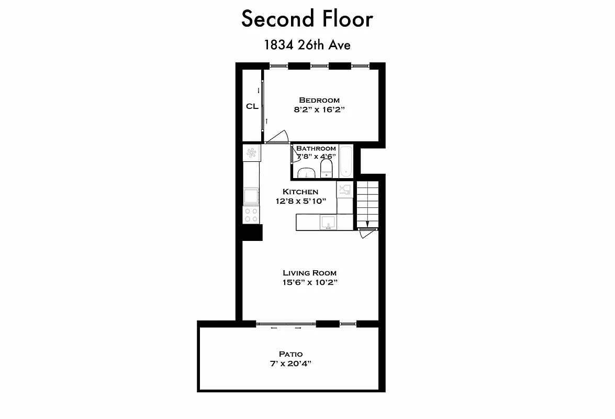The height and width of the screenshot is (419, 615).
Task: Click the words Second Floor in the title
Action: pyautogui.click(x=307, y=19)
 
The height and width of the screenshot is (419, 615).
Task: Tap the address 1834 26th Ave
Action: pyautogui.click(x=307, y=45)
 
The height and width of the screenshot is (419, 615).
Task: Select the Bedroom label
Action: pyautogui.click(x=319, y=100)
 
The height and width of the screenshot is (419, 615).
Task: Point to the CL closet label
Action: pyautogui.click(x=252, y=106)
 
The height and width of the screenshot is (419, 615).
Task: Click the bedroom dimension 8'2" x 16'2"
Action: pyautogui.click(x=319, y=110)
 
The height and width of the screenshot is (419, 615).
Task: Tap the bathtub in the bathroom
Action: pyautogui.click(x=346, y=160)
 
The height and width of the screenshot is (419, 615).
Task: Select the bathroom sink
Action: pyautogui.click(x=305, y=173)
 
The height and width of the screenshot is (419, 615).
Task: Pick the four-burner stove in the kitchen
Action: pyautogui.click(x=251, y=214)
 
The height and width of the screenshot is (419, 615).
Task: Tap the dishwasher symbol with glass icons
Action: pyautogui.click(x=344, y=190)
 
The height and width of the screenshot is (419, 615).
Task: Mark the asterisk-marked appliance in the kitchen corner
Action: pyautogui.click(x=251, y=153)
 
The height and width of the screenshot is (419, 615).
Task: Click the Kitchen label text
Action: pyautogui.click(x=300, y=192)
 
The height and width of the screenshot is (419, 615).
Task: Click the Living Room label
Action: pyautogui.click(x=309, y=273)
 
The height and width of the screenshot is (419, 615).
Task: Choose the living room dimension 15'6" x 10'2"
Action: pyautogui.click(x=309, y=283)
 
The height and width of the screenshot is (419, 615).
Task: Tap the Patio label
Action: pyautogui.click(x=290, y=354)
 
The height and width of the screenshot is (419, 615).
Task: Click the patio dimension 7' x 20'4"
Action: pyautogui.click(x=290, y=363)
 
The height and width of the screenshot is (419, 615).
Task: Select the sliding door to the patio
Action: pyautogui.click(x=286, y=325)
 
